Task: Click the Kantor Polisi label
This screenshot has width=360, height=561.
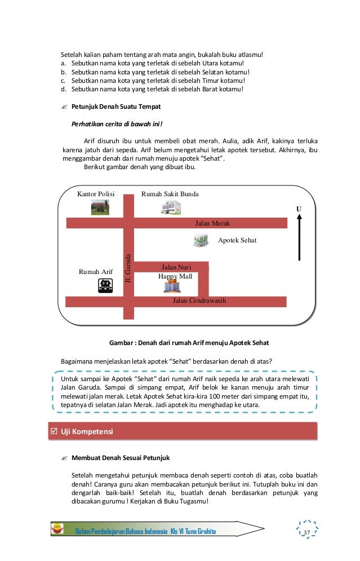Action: [96, 195]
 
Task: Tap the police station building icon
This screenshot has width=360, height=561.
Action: [100, 207]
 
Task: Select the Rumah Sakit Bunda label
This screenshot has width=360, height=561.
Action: [170, 195]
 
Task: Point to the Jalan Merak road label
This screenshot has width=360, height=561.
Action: [212, 223]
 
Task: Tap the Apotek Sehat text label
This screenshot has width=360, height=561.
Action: [237, 240]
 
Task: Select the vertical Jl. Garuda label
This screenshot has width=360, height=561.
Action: [128, 268]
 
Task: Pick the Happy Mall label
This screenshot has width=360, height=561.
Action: [175, 276]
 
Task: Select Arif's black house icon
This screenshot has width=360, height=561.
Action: [105, 286]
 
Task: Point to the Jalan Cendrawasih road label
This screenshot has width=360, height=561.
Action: [199, 301]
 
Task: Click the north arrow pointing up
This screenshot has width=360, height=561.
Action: [299, 237]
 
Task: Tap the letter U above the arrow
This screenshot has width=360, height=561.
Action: [299, 209]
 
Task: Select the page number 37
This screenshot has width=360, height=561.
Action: [307, 533]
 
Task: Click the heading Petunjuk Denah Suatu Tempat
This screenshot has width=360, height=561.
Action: [116, 107]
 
